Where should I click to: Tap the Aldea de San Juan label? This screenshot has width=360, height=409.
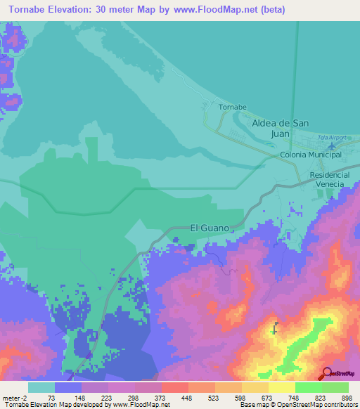pos(281,127)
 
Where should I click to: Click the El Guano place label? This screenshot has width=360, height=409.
pos(210,228)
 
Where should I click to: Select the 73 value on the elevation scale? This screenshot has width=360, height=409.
pos(51,397)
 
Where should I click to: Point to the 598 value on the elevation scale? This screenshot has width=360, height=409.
pos(240,397)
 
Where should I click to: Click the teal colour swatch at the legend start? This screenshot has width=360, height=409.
pos(41,387)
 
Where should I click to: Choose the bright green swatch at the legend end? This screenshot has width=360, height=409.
pos(335,387)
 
